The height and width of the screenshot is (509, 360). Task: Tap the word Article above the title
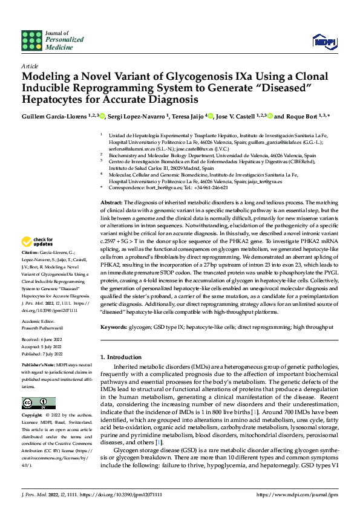[x=30, y=66]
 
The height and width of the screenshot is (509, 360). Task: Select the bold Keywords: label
[x=113, y=327]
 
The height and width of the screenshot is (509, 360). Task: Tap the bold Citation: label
[x=30, y=252]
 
